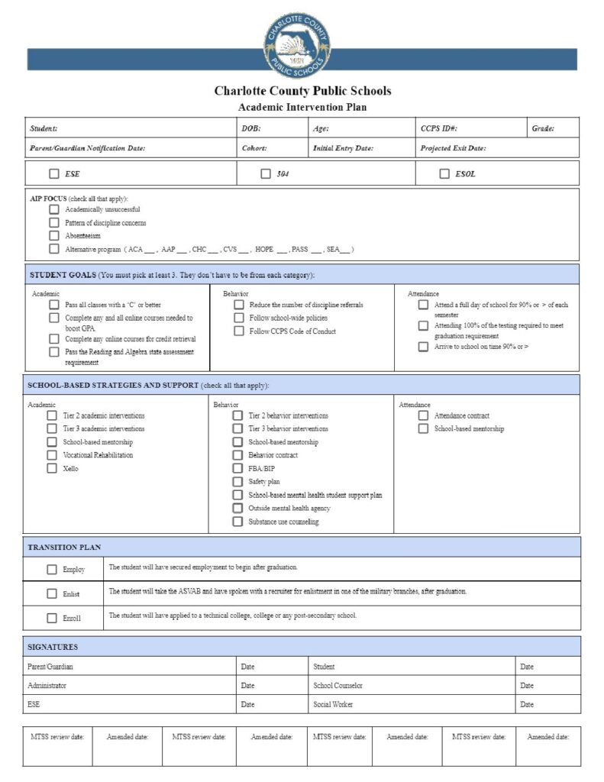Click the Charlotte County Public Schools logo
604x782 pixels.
297,43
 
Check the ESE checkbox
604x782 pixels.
54,173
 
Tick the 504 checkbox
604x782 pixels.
266,173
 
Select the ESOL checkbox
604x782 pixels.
444,173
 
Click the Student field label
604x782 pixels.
44,128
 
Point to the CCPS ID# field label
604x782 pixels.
439,128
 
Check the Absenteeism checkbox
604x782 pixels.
54,235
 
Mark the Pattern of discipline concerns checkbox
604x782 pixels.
54,222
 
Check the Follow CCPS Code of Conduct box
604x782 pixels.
239,331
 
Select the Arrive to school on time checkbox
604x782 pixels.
423,347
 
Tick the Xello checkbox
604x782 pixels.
53,468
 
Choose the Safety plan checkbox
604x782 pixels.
238,482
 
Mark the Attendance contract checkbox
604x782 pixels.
423,415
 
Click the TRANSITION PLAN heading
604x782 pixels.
64,548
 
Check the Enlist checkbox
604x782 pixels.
52,593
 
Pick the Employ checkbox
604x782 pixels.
52,569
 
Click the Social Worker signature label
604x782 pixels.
333,704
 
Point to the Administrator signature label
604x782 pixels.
47,686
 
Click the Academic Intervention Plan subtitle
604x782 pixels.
302,108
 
